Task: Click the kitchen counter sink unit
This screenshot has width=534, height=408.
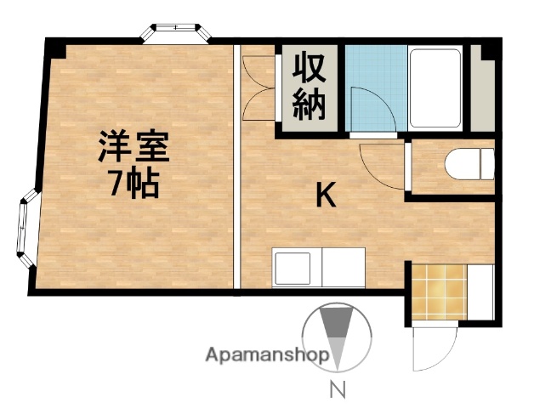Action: pyautogui.click(x=318, y=268)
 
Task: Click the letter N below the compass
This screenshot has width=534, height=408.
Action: pyautogui.click(x=337, y=393)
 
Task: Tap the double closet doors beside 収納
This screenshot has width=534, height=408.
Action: pyautogui.click(x=258, y=88)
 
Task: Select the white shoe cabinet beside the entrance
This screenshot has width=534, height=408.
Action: pyautogui.click(x=480, y=292)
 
